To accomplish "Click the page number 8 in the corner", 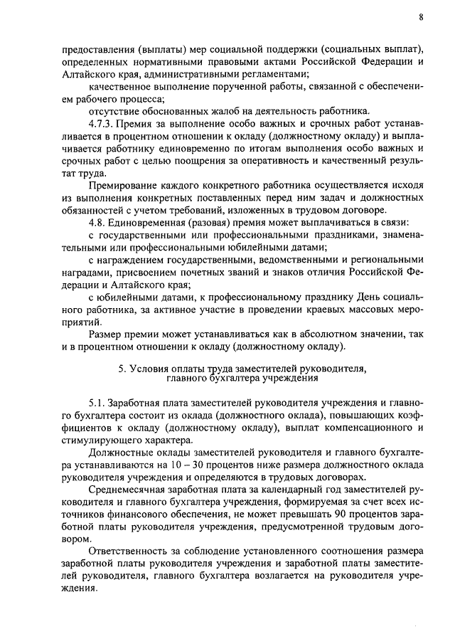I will click(421, 16).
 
